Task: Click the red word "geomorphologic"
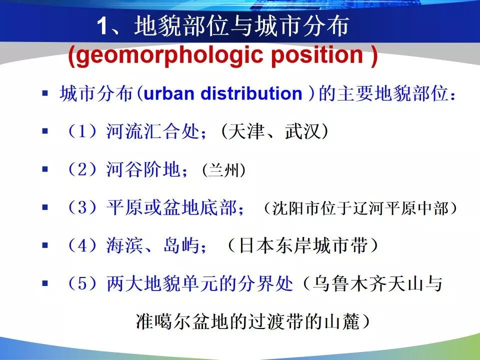169,55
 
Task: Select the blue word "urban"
168,93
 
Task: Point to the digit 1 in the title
103,26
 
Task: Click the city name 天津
246,131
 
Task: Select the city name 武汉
303,131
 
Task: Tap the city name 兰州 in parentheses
224,170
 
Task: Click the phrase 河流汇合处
153,131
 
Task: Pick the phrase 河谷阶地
143,169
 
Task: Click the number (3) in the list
82,207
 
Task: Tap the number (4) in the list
82,245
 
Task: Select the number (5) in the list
82,283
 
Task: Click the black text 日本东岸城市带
303,245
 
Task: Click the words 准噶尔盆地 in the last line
182,321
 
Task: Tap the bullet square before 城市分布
45,93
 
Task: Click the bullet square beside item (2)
45,169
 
